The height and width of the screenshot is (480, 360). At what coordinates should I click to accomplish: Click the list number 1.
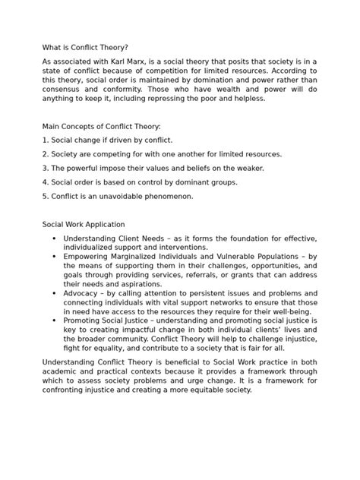point(45,141)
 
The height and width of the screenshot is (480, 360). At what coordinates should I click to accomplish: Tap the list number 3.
point(45,168)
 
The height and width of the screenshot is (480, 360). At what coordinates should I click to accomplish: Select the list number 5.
point(45,196)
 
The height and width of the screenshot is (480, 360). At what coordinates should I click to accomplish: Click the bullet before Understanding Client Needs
point(54,238)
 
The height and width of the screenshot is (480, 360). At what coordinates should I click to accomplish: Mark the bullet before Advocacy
point(54,291)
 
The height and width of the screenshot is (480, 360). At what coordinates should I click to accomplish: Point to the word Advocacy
point(84,291)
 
